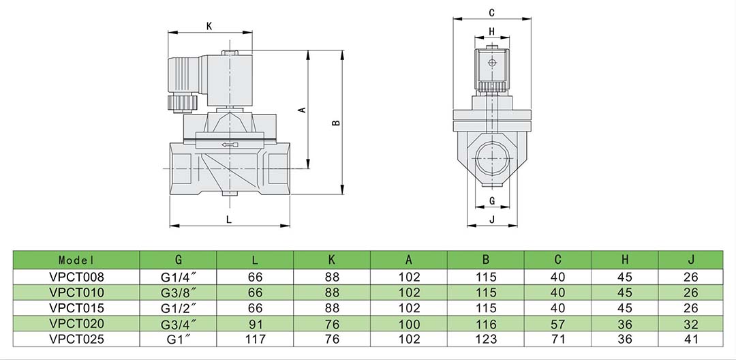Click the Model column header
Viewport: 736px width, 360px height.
pyautogui.click(x=76, y=260)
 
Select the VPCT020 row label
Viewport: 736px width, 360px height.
pyautogui.click(x=76, y=322)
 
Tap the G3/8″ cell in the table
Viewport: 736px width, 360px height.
pyautogui.click(x=179, y=292)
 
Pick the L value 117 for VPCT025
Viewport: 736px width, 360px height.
pyautogui.click(x=255, y=338)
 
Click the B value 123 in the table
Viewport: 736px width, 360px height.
pyautogui.click(x=486, y=338)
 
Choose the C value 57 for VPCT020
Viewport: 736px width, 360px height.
pyautogui.click(x=557, y=322)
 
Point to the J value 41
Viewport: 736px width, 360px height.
pyautogui.click(x=691, y=338)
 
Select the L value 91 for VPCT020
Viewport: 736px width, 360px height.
pyautogui.click(x=255, y=322)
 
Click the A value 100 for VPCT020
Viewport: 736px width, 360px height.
pyautogui.click(x=409, y=322)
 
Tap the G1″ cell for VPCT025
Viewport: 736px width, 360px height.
pyautogui.click(x=179, y=338)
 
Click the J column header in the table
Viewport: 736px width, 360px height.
pyautogui.click(x=691, y=260)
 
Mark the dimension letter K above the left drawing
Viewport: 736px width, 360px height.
pyautogui.click(x=210, y=27)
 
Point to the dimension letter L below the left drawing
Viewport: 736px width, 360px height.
pyautogui.click(x=229, y=219)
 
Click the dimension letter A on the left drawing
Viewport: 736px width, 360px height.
pyautogui.click(x=303, y=109)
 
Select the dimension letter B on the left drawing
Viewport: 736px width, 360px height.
pyautogui.click(x=335, y=123)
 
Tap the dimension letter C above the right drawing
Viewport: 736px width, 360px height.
pyautogui.click(x=491, y=13)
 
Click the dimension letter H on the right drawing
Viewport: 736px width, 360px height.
pyautogui.click(x=491, y=31)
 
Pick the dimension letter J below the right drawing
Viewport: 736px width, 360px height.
pyautogui.click(x=491, y=219)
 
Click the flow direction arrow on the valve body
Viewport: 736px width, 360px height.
pyautogui.click(x=230, y=145)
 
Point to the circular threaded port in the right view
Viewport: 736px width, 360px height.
pyautogui.click(x=491, y=161)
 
